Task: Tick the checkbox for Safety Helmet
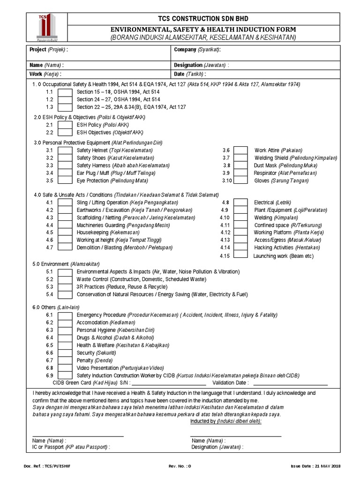[x=65, y=150]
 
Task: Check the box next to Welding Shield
[x=240, y=158]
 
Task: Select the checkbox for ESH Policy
[x=65, y=125]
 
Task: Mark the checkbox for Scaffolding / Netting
[x=65, y=217]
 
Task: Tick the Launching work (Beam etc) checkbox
[x=240, y=255]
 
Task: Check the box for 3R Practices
[x=65, y=286]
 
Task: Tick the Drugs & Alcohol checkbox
[x=65, y=337]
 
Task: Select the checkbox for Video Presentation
[x=65, y=368]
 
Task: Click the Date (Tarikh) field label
[x=189, y=74]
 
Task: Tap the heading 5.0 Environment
[x=65, y=264]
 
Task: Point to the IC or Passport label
[x=71, y=447]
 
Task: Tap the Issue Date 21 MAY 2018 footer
[x=316, y=466]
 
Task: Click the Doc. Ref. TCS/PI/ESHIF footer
[x=50, y=466]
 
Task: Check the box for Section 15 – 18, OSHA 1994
[x=65, y=92]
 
